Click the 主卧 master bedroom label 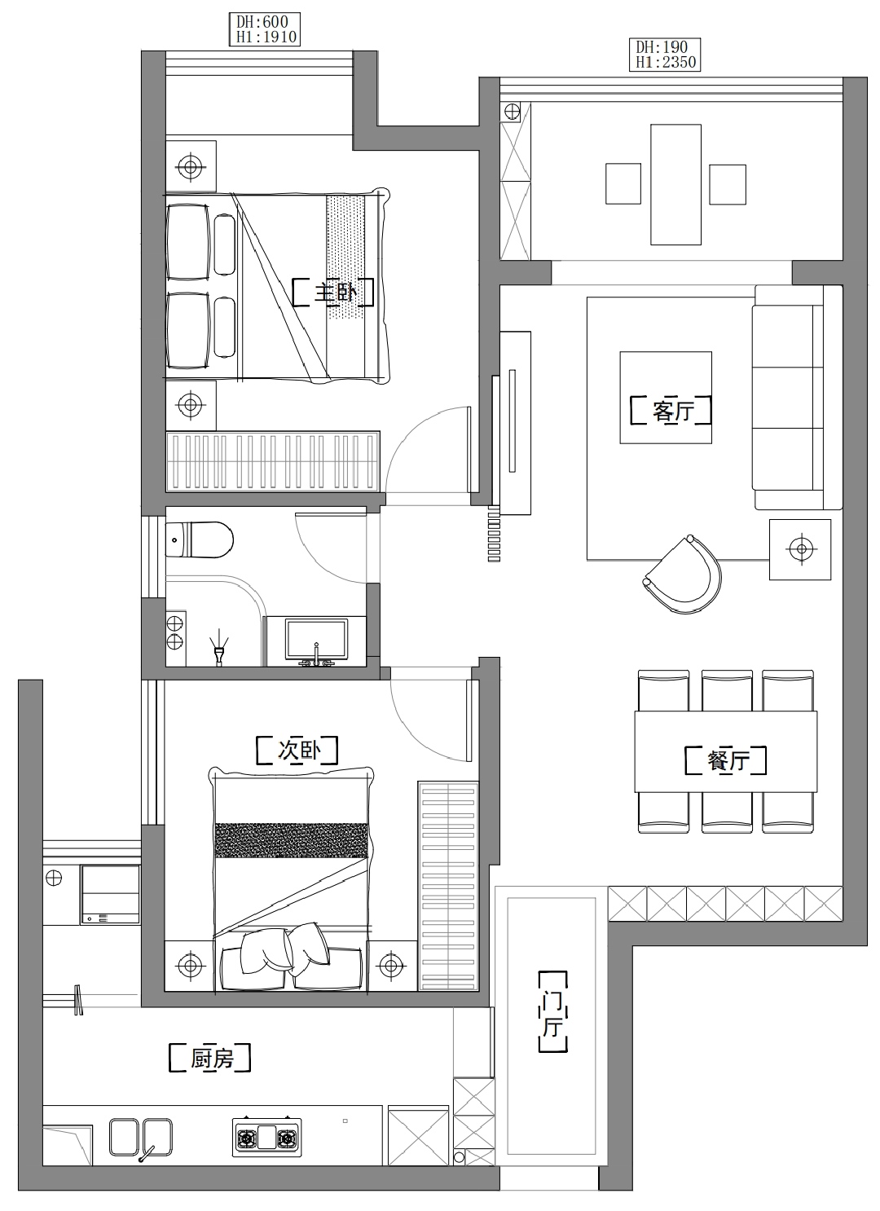pyautogui.click(x=333, y=293)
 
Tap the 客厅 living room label pyautogui.click(x=671, y=411)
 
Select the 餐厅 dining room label pyautogui.click(x=725, y=760)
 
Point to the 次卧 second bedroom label pyautogui.click(x=297, y=750)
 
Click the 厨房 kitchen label pyautogui.click(x=209, y=1058)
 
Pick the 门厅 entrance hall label pyautogui.click(x=553, y=1011)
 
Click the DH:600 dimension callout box pyautogui.click(x=265, y=29)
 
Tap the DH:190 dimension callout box pyautogui.click(x=665, y=54)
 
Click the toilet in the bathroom pyautogui.click(x=199, y=539)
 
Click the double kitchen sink pyautogui.click(x=140, y=1138)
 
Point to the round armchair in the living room pyautogui.click(x=682, y=575)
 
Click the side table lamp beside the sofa pyautogui.click(x=800, y=549)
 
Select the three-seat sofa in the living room pyautogui.click(x=798, y=398)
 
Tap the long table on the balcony pyautogui.click(x=675, y=184)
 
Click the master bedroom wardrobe pyautogui.click(x=273, y=461)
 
